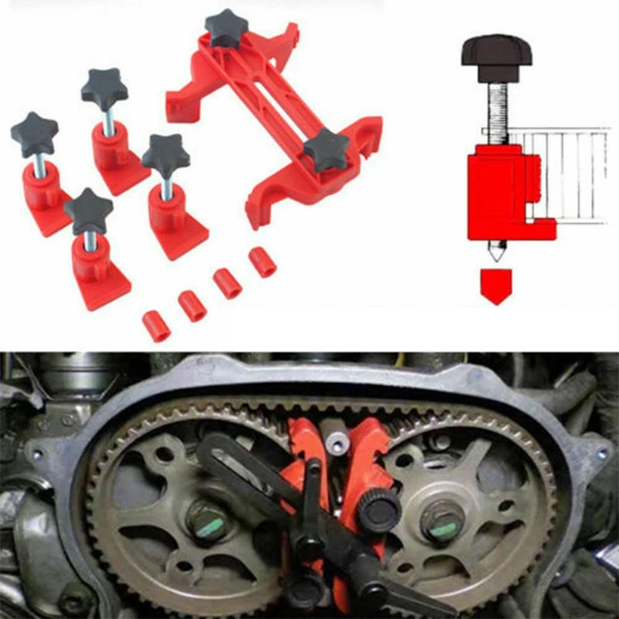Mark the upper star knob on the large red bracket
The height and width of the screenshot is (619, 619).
pos(225,28)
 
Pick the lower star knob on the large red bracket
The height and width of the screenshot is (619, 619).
pos(327,149)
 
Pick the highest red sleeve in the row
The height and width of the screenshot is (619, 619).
pos(263,262)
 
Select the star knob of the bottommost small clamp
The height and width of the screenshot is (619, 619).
pos(88,210)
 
